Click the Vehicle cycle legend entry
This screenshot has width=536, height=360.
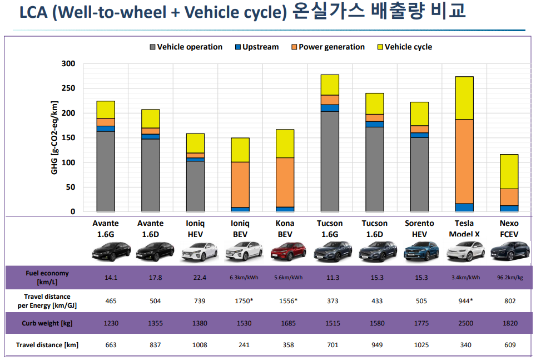408,47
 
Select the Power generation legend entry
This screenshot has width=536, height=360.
331,47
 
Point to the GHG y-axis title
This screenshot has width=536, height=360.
54,137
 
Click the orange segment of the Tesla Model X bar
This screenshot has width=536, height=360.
464,161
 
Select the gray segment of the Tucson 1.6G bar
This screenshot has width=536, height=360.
330,161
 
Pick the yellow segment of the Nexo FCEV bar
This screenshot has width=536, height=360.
509,171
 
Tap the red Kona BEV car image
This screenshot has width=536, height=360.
285,252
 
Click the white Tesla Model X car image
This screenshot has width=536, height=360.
464,252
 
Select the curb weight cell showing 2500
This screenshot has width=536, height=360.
464,323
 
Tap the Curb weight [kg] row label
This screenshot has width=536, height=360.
47,323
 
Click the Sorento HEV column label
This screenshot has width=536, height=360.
419,229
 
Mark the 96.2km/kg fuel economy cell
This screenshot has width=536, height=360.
509,278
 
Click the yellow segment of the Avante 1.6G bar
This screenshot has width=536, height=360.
106,110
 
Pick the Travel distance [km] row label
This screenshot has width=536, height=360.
47,345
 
